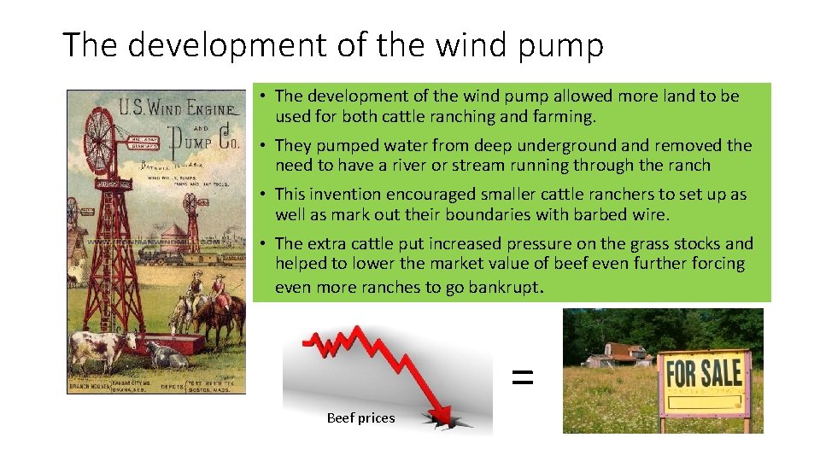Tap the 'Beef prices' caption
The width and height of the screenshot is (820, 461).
pos(360,418)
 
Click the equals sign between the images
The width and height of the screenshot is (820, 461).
pos(522,376)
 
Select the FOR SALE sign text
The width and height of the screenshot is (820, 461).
pos(704,372)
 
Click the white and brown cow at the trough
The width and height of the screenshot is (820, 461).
pos(96,348)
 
